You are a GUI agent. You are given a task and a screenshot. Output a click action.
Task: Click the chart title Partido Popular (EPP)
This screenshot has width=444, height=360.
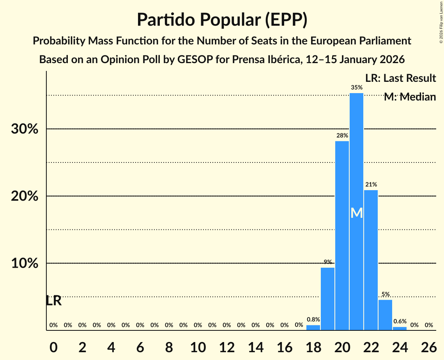[x=222, y=19]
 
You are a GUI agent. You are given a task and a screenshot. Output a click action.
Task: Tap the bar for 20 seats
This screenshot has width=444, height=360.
[x=342, y=236]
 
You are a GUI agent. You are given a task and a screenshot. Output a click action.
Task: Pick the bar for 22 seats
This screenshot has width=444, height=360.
[x=371, y=260]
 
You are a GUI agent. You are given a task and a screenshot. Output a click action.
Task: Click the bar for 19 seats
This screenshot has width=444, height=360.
[x=327, y=299]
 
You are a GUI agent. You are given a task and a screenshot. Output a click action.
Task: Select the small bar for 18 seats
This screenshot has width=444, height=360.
[x=313, y=328]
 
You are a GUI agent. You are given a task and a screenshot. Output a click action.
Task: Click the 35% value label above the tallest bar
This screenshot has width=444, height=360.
[x=356, y=88]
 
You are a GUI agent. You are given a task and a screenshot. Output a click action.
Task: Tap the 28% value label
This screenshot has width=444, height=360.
[x=342, y=136]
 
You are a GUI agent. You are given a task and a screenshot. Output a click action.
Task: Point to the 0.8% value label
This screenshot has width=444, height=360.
[x=313, y=319]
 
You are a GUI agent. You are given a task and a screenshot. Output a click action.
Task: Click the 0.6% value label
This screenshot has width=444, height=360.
[x=400, y=321]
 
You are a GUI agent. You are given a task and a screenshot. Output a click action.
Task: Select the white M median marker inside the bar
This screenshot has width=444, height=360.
[x=356, y=213]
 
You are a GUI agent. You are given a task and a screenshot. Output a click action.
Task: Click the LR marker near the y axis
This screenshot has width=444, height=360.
[x=53, y=301]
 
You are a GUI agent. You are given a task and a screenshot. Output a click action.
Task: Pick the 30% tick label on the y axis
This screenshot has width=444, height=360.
[x=25, y=129]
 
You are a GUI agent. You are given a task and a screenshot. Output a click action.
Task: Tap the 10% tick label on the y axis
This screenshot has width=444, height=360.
[x=25, y=263]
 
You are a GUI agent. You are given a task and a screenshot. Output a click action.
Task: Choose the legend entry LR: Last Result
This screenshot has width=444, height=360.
[x=400, y=78]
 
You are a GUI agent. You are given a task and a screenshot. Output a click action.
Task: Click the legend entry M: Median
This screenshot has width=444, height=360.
[x=410, y=97]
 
